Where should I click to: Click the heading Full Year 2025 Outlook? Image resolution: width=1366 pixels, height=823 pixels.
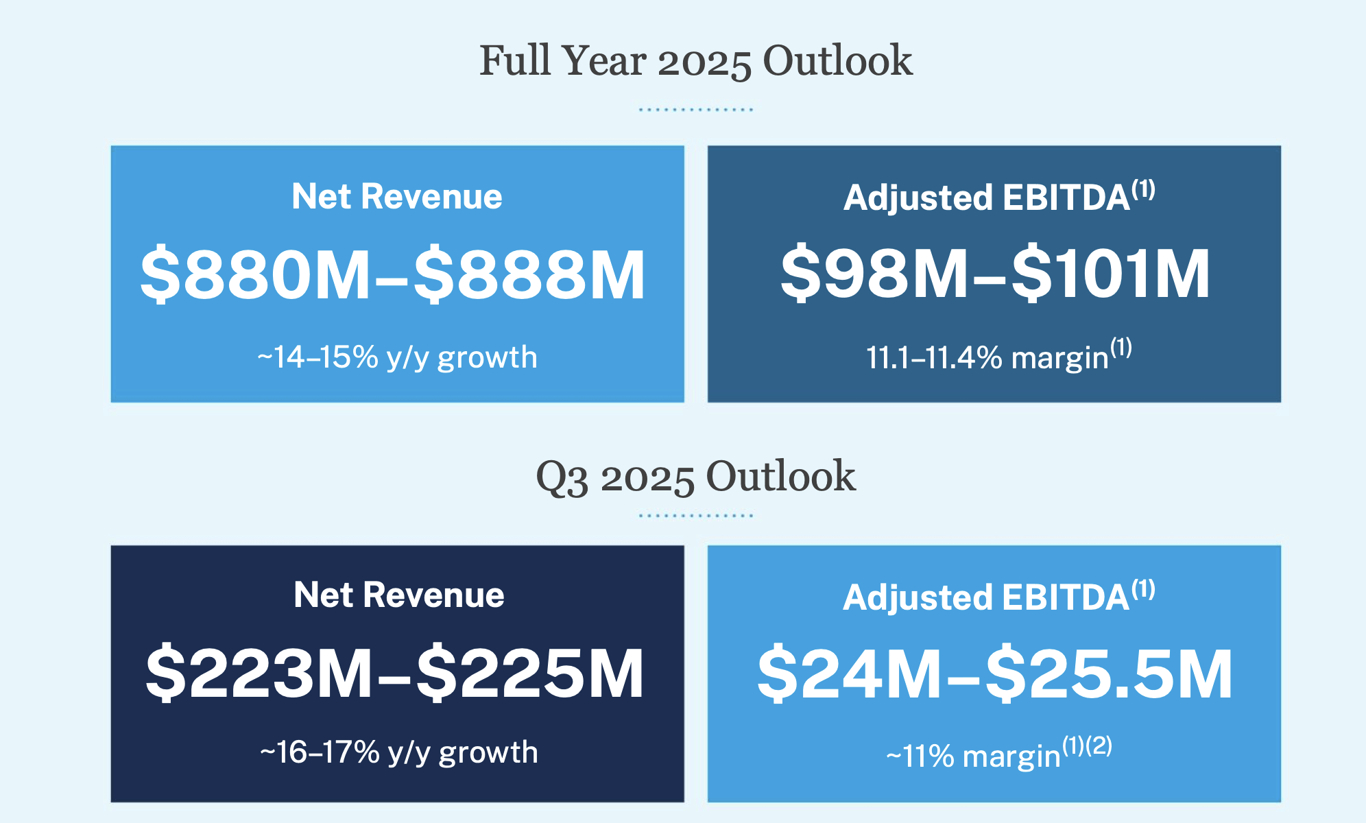(x=695, y=61)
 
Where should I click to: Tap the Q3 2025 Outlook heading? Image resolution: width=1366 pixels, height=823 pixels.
(x=695, y=477)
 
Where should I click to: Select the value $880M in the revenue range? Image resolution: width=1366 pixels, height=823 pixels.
(x=255, y=275)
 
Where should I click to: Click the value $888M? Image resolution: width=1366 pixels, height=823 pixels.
(x=529, y=275)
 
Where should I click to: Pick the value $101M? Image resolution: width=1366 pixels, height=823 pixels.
(x=1111, y=274)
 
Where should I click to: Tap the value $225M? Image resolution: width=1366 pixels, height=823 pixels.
(x=530, y=673)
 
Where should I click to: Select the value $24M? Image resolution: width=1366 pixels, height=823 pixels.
(x=849, y=675)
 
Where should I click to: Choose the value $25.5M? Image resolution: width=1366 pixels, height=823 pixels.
(x=1109, y=675)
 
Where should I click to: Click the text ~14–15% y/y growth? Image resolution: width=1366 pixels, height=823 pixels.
(x=397, y=357)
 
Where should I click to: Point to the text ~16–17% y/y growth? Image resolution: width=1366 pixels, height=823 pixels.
(x=398, y=752)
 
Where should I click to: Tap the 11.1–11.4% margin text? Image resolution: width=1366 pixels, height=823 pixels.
(x=987, y=357)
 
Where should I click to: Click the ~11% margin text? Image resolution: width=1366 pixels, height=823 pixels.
(x=974, y=756)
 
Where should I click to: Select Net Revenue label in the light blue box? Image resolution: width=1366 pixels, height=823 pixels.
(x=397, y=197)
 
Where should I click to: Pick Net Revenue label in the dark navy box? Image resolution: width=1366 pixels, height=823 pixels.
(x=398, y=595)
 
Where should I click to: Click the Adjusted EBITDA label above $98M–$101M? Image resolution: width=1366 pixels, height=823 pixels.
(x=987, y=198)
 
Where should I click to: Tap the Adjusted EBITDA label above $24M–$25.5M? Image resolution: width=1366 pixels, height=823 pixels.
(x=986, y=597)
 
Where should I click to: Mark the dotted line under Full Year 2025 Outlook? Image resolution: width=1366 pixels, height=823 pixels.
(x=695, y=109)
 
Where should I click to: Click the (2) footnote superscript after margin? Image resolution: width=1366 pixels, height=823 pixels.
(x=1099, y=745)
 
